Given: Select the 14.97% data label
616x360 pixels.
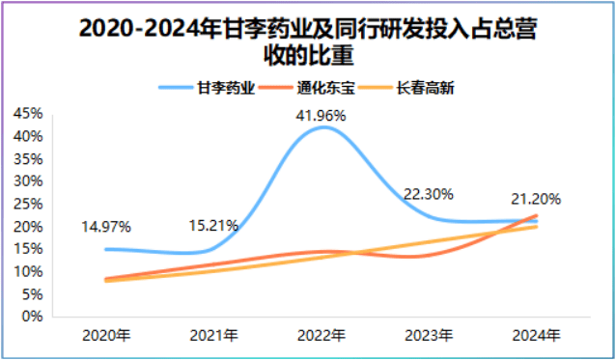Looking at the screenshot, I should click(x=106, y=226).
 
